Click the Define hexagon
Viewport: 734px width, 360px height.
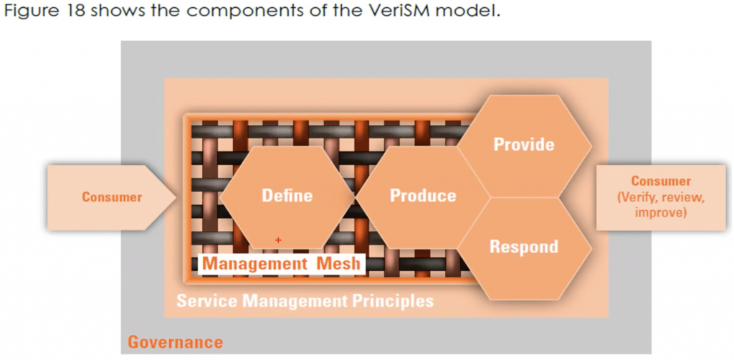click(287, 195)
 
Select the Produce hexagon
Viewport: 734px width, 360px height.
click(422, 195)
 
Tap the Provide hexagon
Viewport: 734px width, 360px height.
click(524, 144)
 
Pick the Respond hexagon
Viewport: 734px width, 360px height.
click(523, 247)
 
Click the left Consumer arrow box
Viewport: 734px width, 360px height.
click(111, 196)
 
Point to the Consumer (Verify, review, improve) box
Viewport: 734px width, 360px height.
click(661, 197)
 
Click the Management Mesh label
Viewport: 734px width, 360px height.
click(280, 263)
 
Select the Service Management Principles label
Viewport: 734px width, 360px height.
click(305, 300)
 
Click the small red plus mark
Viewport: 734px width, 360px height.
click(278, 240)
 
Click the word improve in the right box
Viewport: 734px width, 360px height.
click(661, 213)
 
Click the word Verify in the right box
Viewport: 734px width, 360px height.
click(637, 197)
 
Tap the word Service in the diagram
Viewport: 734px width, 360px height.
click(206, 300)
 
